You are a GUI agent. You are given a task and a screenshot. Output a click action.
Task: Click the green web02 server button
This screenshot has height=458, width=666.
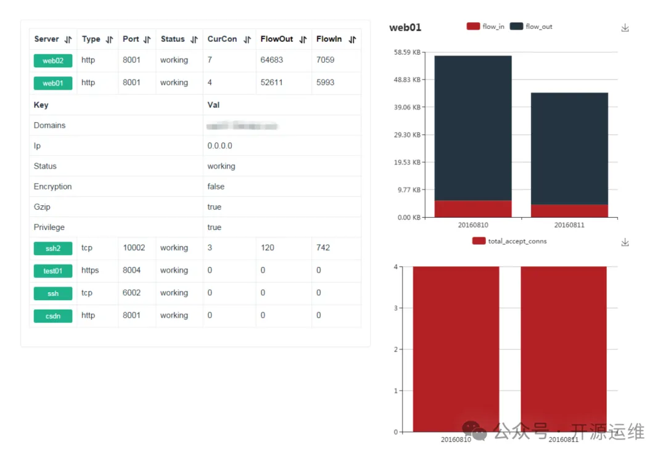(53, 60)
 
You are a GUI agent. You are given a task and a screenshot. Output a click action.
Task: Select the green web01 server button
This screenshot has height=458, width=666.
(53, 83)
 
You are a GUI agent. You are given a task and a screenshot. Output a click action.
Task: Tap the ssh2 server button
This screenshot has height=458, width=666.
(53, 248)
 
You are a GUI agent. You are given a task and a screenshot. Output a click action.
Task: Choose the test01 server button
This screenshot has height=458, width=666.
(53, 271)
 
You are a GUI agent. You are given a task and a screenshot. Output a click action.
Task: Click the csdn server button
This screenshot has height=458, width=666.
(53, 316)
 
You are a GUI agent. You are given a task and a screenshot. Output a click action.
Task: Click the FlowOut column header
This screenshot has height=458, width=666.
(277, 39)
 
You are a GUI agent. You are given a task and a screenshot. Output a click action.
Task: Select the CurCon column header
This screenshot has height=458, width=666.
(222, 39)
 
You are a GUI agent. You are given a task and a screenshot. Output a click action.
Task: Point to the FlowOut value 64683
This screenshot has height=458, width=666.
(272, 60)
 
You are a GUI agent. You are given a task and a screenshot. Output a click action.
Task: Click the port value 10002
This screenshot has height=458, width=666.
(134, 248)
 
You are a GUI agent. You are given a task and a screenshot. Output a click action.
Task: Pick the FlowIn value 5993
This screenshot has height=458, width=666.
(325, 83)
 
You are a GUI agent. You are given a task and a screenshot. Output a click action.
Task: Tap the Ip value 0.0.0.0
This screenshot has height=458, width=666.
(220, 146)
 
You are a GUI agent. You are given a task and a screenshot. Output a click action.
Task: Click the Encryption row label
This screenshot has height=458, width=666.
(53, 187)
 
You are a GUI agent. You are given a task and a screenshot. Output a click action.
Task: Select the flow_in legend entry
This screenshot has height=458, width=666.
(485, 27)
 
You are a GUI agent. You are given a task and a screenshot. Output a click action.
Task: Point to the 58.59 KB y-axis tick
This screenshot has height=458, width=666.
(408, 52)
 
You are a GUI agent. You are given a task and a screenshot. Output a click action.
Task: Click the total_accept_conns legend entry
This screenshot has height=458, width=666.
(509, 241)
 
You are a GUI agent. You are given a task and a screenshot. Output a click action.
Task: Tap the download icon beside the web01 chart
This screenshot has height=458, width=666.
(625, 28)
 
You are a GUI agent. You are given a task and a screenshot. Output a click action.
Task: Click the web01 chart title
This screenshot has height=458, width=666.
(405, 27)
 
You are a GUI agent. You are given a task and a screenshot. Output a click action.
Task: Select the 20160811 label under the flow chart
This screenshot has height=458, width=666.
(569, 225)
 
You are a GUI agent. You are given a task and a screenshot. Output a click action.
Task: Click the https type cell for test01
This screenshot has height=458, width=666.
(90, 271)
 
